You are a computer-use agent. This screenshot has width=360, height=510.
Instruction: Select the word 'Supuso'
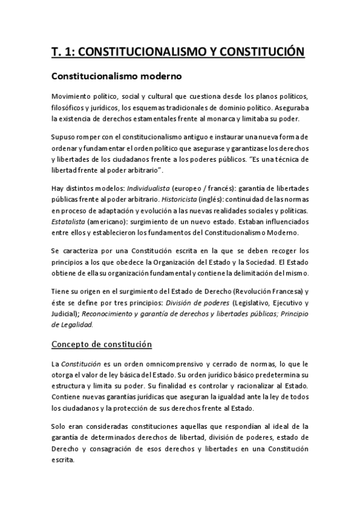[63, 137]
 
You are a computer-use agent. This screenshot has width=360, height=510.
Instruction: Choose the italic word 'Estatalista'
[68, 222]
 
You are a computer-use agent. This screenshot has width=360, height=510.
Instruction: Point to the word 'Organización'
[161, 262]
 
